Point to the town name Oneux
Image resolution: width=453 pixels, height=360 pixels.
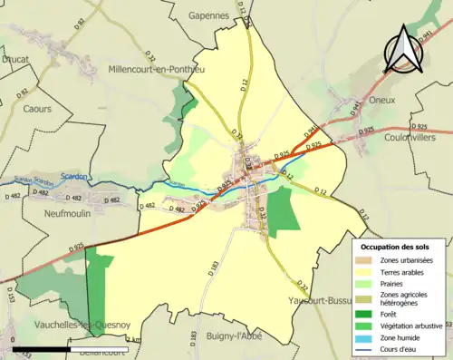[x=382, y=100]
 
